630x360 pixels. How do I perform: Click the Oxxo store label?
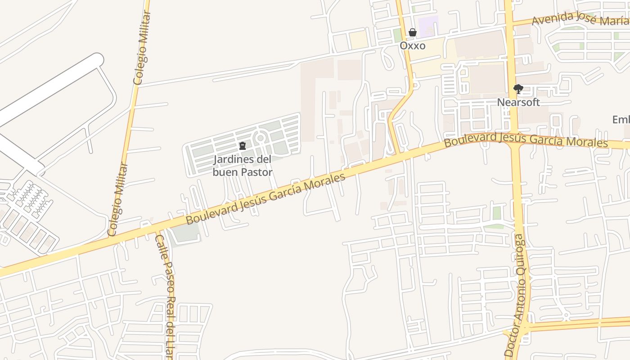point(412,46)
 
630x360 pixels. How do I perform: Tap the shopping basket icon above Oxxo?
point(412,32)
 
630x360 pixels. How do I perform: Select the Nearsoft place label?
point(518,102)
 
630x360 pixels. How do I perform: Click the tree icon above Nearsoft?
point(518,89)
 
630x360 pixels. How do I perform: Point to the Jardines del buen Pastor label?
point(243,165)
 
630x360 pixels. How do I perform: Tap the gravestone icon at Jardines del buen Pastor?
point(243,146)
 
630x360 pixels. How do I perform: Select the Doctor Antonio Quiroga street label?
point(520,295)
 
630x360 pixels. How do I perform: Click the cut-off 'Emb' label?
point(621,120)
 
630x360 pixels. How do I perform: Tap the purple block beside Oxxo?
point(428,25)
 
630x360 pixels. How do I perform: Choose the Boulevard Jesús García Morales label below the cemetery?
point(265,198)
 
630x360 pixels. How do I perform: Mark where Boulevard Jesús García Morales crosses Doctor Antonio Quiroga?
point(514,140)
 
